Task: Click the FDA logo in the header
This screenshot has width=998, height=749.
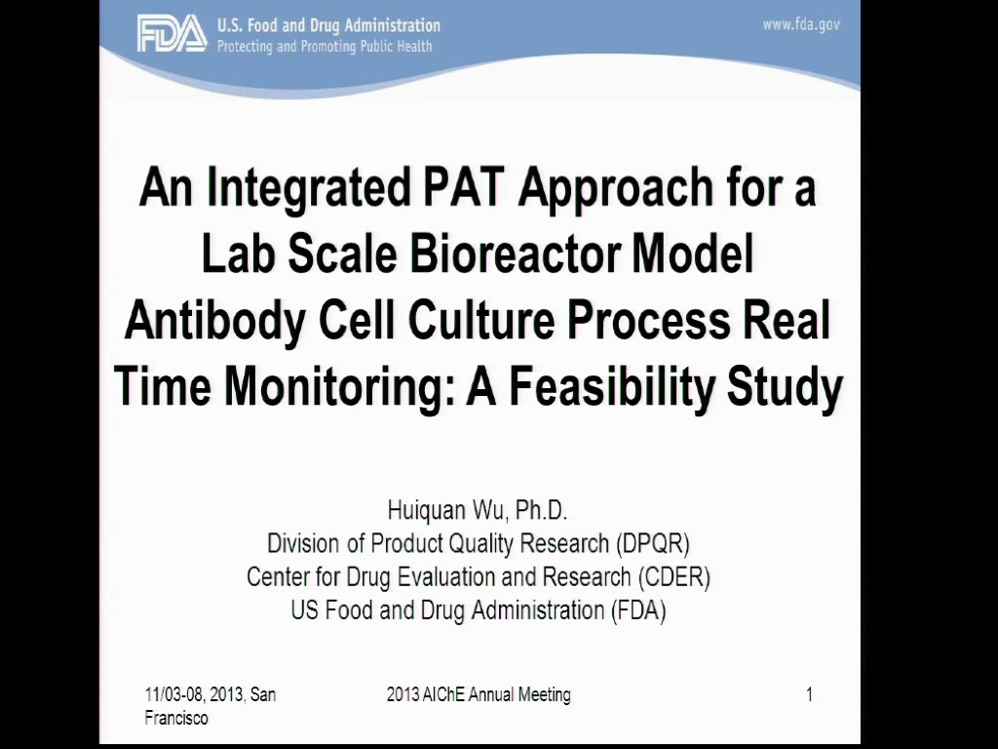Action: click(x=172, y=34)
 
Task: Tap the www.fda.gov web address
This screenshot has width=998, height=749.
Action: click(x=801, y=24)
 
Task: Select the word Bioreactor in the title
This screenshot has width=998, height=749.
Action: click(x=515, y=254)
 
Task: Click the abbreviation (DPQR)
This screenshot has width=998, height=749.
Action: click(x=652, y=543)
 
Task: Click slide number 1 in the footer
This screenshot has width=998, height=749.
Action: click(x=809, y=694)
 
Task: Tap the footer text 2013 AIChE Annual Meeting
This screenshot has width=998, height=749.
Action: click(x=479, y=694)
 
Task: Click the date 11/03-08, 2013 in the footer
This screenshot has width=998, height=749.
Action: click(x=194, y=694)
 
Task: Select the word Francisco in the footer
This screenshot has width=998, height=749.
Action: click(x=176, y=719)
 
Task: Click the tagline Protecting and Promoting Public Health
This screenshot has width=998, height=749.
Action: click(x=325, y=47)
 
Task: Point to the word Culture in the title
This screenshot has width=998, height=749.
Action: click(x=481, y=320)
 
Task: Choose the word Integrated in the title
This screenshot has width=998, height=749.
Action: click(x=308, y=188)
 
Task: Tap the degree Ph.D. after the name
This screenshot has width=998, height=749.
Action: click(x=541, y=510)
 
